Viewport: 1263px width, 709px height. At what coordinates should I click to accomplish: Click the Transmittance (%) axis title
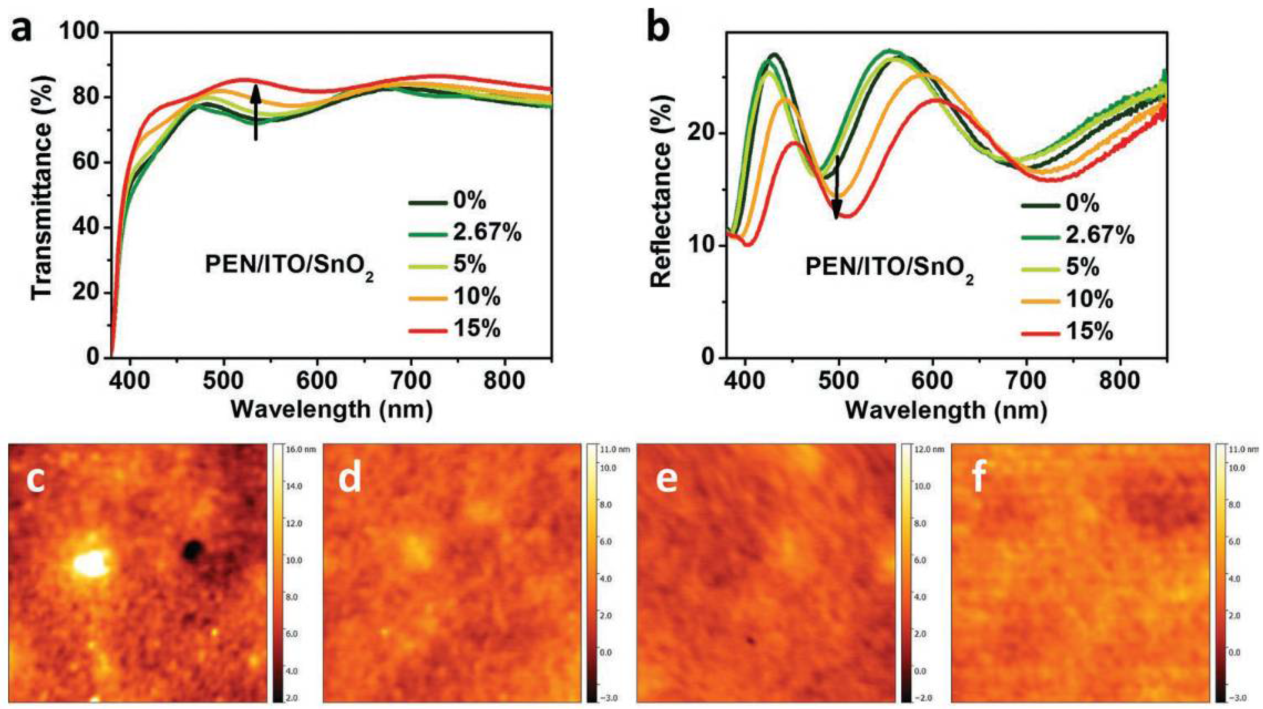pos(41,196)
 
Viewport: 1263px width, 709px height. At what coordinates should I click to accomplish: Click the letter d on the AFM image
pos(349,479)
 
